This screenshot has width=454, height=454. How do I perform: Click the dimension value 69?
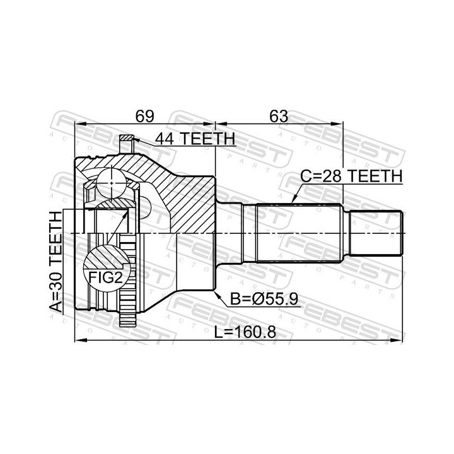coord(145,117)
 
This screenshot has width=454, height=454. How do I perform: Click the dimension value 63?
coord(279,117)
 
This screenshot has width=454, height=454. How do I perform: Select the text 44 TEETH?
coord(195,139)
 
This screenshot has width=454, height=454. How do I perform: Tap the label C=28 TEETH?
coord(351,176)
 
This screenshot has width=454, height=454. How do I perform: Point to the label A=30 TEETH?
coord(55,262)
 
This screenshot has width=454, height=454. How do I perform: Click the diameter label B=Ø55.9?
coord(264,299)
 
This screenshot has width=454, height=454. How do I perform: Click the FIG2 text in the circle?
coord(106,278)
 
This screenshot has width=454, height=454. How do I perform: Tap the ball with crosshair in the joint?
coord(112,183)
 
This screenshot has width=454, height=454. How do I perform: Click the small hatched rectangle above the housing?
coord(126,137)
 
